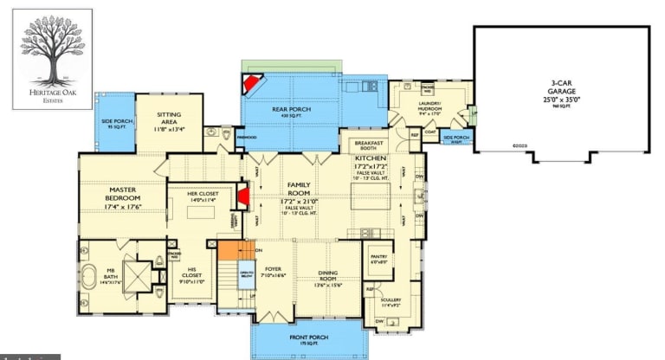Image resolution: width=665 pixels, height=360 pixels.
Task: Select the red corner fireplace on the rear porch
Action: pyautogui.click(x=253, y=84)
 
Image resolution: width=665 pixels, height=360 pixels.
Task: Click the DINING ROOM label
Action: pyautogui.click(x=328, y=276)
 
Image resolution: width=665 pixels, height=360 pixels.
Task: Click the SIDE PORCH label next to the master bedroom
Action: pyautogui.click(x=114, y=125)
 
